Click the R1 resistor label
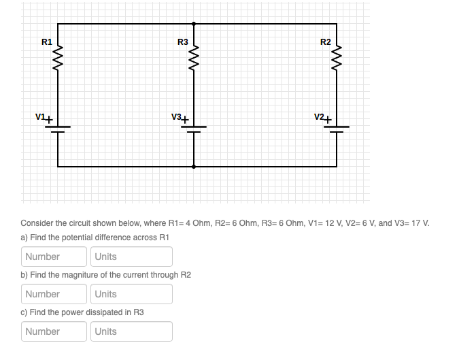coord(46,42)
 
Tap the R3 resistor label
coord(182,42)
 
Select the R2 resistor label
coord(326,42)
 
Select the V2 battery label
coord(320,117)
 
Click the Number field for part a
coord(54,257)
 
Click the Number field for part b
coord(54,294)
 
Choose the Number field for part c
coord(54,331)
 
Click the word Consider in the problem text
coord(37,223)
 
